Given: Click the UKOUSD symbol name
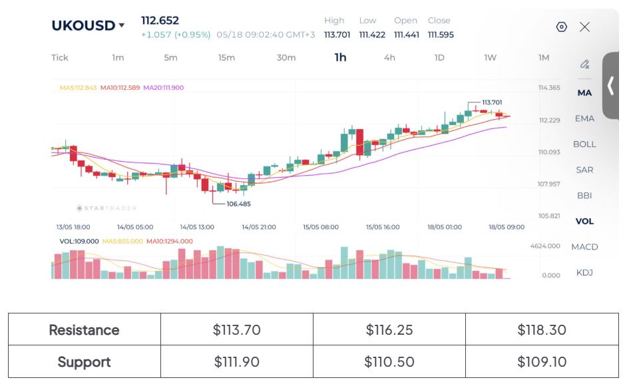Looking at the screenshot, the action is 83,25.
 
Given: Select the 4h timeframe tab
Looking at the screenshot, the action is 389,58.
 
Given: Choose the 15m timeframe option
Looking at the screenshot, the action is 226,58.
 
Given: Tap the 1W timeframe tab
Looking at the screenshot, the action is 491,58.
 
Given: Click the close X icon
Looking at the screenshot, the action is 584,27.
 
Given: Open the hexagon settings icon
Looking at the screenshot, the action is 561,27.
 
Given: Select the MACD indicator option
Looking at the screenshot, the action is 584,247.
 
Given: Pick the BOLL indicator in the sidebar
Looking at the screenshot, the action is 584,144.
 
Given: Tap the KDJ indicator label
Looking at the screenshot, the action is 584,272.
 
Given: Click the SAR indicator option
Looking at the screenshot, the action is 584,170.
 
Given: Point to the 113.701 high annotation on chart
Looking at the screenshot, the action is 492,102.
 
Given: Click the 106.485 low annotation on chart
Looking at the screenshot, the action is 239,204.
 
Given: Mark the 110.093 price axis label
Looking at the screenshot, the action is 549,152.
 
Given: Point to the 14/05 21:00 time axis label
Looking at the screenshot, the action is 259,227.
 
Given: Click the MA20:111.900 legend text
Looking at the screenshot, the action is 164,88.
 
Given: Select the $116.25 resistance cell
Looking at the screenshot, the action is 389,329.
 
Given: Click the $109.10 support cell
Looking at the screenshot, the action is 542,361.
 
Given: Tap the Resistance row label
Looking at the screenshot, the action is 84,330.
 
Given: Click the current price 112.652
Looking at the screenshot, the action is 160,21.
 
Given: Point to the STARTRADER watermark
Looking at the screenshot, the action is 106,208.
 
